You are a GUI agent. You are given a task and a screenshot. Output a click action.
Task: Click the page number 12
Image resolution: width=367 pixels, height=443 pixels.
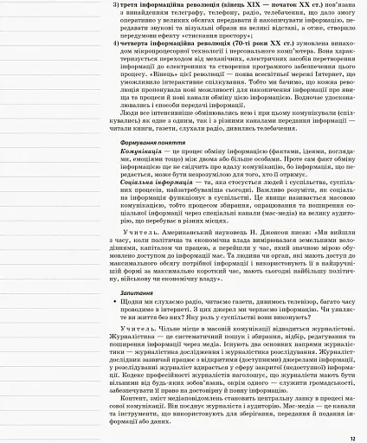pos(352,438)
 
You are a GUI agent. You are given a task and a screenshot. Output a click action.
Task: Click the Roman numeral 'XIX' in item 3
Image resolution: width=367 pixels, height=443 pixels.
pos(254,5)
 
